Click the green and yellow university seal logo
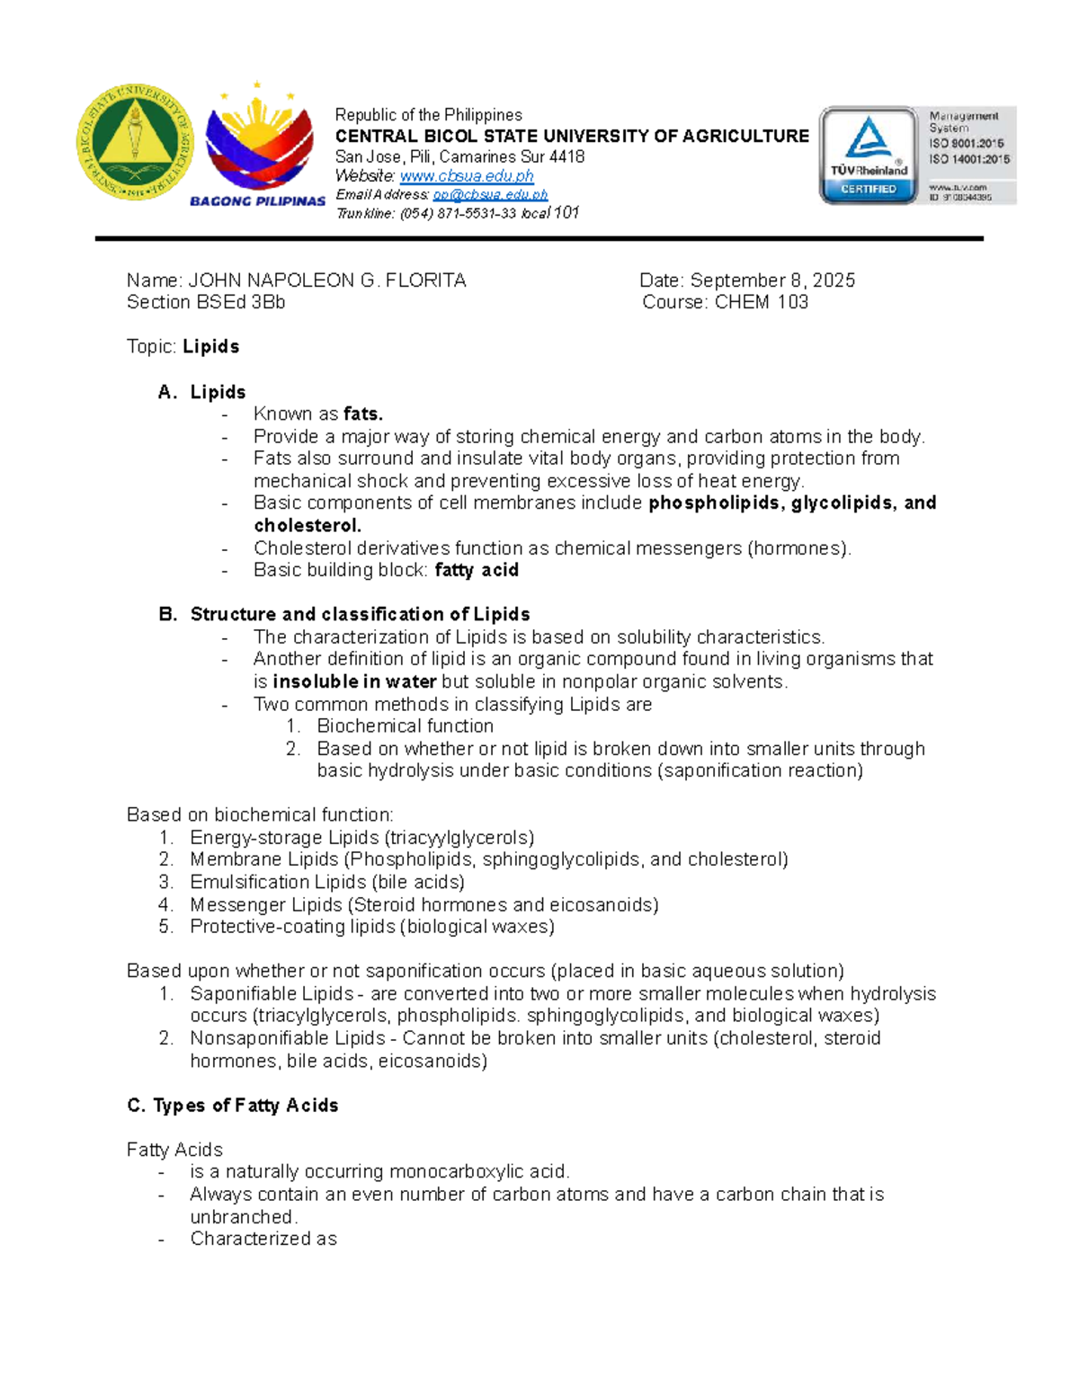click(x=135, y=143)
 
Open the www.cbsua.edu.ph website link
click(x=467, y=176)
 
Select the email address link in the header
click(x=490, y=195)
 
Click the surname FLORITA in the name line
click(x=425, y=280)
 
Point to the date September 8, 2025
click(x=772, y=280)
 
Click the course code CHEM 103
click(x=762, y=302)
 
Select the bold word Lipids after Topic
click(x=211, y=347)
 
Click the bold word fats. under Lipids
click(x=363, y=413)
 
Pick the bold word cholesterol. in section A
click(x=308, y=525)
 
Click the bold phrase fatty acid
click(x=477, y=570)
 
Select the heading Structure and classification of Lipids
click(x=360, y=614)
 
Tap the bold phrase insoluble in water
click(x=354, y=681)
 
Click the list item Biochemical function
click(x=405, y=725)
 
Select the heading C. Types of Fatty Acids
click(x=233, y=1105)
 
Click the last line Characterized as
click(x=263, y=1239)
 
